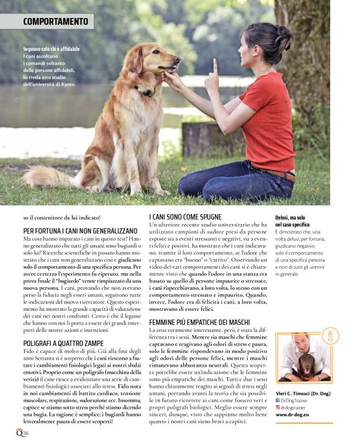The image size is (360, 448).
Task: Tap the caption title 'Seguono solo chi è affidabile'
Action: pyautogui.click(x=52, y=48)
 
